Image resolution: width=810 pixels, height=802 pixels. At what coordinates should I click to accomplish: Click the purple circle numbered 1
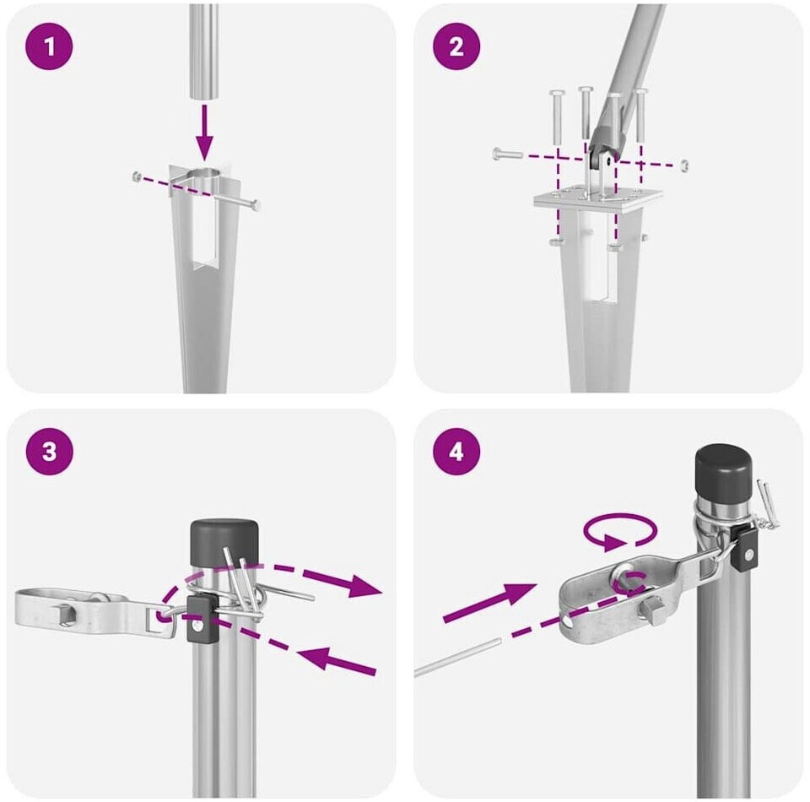[49, 46]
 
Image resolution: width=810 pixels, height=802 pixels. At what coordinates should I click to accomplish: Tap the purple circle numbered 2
[456, 46]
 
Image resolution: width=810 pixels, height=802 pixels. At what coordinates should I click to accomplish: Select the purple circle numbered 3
[49, 452]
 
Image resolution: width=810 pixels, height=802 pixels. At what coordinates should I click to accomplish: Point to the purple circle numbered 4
[456, 452]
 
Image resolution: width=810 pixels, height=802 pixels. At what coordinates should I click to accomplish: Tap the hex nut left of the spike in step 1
[137, 176]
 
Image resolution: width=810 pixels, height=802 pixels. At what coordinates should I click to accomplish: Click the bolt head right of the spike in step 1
[254, 204]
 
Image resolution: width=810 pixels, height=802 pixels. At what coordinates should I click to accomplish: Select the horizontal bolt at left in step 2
[508, 154]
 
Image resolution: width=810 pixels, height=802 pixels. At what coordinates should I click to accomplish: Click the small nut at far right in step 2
[684, 165]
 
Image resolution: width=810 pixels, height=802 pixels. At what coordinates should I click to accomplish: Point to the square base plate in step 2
[598, 199]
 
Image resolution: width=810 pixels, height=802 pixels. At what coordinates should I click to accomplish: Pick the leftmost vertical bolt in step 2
[558, 117]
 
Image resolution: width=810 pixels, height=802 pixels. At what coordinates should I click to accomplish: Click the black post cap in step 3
[224, 543]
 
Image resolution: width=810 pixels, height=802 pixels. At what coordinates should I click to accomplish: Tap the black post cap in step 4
[723, 471]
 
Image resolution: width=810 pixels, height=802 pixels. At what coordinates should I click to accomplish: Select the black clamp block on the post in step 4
[746, 548]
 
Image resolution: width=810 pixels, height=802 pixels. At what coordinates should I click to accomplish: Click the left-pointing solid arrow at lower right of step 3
[336, 660]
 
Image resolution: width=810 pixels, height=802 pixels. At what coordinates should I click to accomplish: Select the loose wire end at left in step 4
[457, 658]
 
